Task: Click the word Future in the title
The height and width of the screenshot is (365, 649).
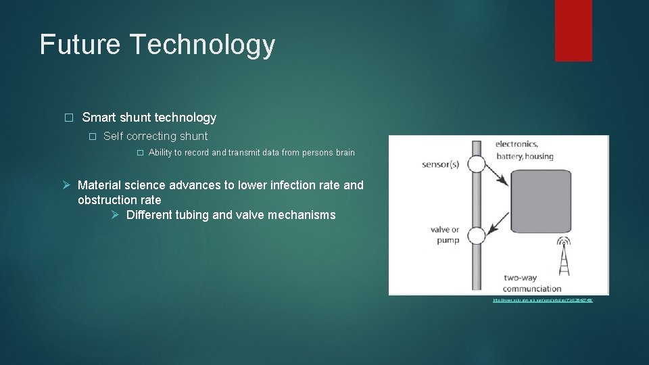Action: coord(80,45)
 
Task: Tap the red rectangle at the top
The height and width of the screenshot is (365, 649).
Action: coord(573,30)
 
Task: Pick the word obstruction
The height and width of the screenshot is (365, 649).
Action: coord(110,200)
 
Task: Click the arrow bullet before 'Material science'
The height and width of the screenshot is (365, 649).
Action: coord(66,185)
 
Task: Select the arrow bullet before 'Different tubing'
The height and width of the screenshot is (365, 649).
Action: coord(116,216)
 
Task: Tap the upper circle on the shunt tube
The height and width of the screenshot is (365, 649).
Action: coord(477,164)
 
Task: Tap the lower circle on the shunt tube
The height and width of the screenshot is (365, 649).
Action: coord(477,236)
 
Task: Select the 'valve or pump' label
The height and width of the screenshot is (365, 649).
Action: coord(445,235)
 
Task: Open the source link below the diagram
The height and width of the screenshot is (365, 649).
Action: coord(542,299)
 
